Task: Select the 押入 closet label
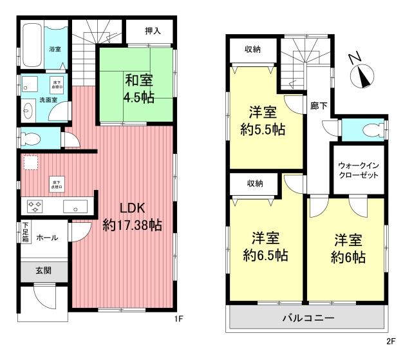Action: tap(152, 30)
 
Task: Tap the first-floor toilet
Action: tap(32, 137)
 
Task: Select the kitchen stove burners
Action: tap(33, 207)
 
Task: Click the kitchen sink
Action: tap(77, 207)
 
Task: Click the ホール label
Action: tap(46, 238)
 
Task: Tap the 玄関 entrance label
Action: tap(44, 270)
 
